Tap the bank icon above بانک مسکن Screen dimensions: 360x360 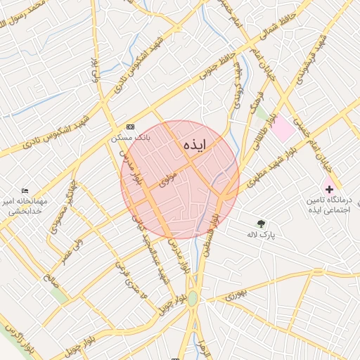coord(130,127)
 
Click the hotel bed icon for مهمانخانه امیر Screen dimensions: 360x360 coord(26,191)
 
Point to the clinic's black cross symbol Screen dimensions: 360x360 coord(328,189)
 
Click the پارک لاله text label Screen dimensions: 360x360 coord(261,234)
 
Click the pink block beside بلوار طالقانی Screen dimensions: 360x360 coord(283,128)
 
